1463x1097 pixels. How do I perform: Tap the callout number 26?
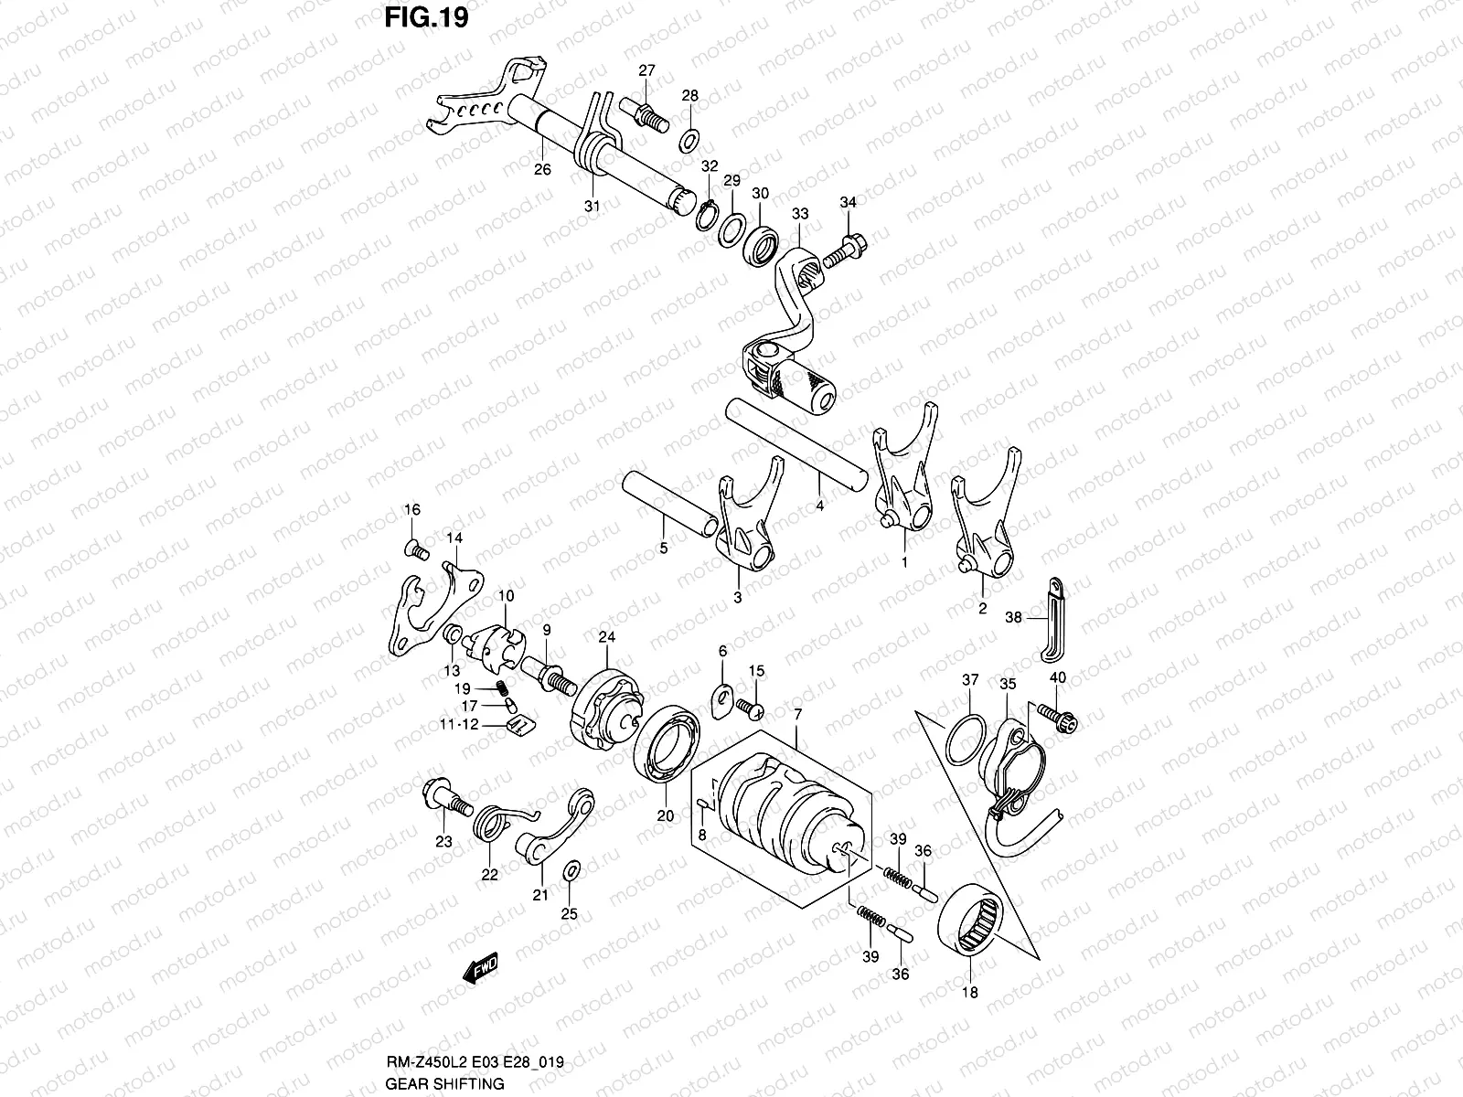click(x=542, y=169)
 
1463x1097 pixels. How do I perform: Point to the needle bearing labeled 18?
click(x=975, y=923)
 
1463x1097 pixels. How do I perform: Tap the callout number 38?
click(x=1013, y=618)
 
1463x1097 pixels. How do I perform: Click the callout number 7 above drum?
click(x=797, y=713)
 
